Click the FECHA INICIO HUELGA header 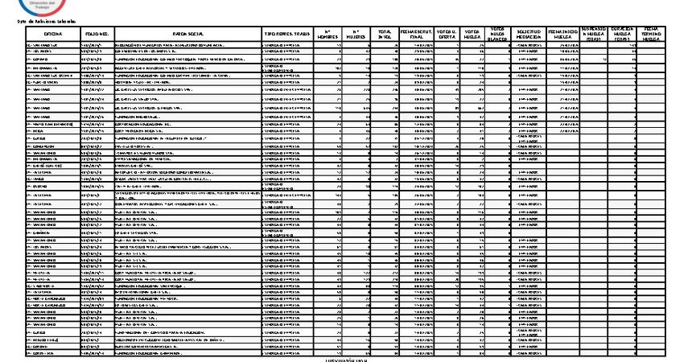(x=562, y=33)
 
